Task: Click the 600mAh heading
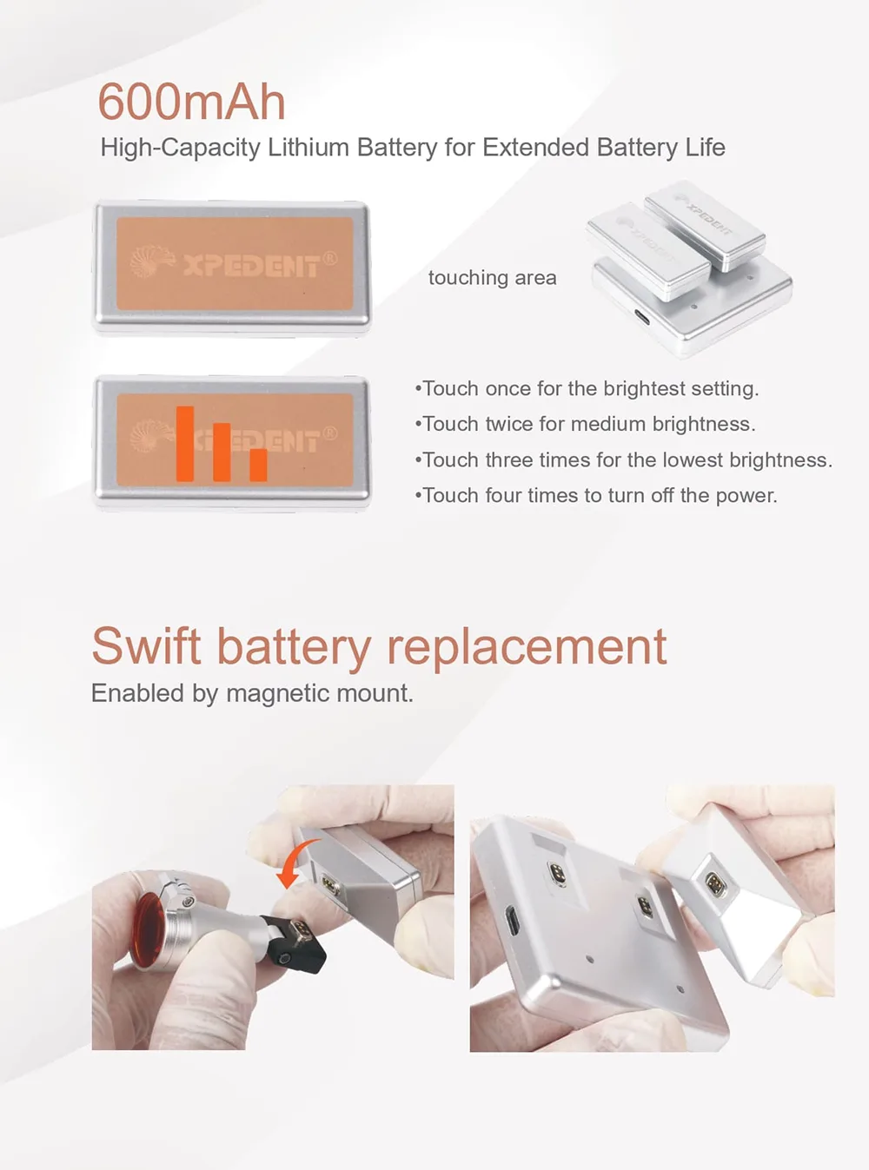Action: (x=192, y=102)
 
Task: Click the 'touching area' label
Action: (x=492, y=278)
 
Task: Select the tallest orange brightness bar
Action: (x=185, y=444)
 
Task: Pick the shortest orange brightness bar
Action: (x=258, y=465)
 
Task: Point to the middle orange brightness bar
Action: (x=222, y=452)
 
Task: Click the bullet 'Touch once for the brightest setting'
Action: (x=587, y=389)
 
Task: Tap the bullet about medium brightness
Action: (x=585, y=424)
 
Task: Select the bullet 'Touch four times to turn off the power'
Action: (x=596, y=495)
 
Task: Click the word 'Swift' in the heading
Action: (x=146, y=646)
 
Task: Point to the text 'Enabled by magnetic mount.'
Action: (x=252, y=693)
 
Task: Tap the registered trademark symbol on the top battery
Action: (x=329, y=259)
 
